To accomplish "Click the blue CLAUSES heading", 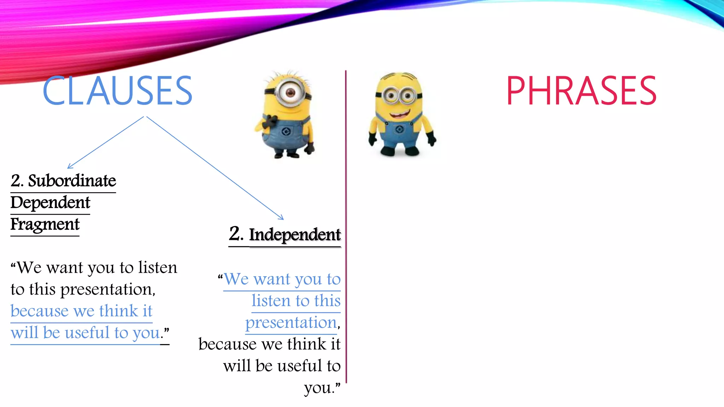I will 117,91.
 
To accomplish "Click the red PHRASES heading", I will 581,91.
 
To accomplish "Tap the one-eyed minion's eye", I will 290,93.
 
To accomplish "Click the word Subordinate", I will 72,181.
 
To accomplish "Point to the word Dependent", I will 50,202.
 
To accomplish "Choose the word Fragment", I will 45,224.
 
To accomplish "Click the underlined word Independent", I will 295,235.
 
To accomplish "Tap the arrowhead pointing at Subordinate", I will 69,166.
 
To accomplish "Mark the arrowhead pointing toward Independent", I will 281,218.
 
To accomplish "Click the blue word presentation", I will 291,323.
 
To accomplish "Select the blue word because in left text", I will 40,311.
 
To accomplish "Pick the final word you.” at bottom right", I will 322,388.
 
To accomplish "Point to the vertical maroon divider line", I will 346,226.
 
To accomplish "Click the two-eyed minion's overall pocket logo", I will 399,130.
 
